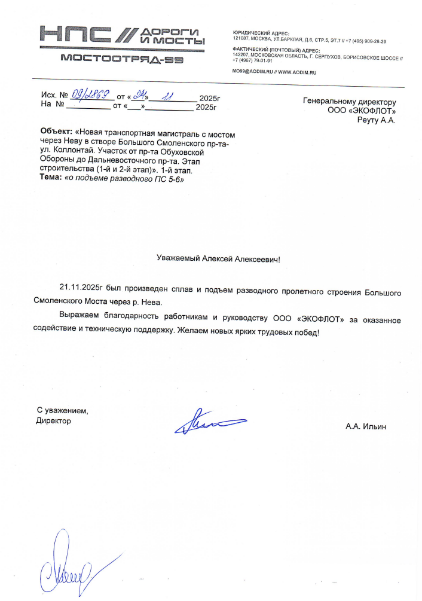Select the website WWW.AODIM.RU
(297, 72)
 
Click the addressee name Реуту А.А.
(376, 120)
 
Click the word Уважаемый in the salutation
(178, 259)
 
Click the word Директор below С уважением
(53, 421)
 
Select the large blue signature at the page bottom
(63, 565)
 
